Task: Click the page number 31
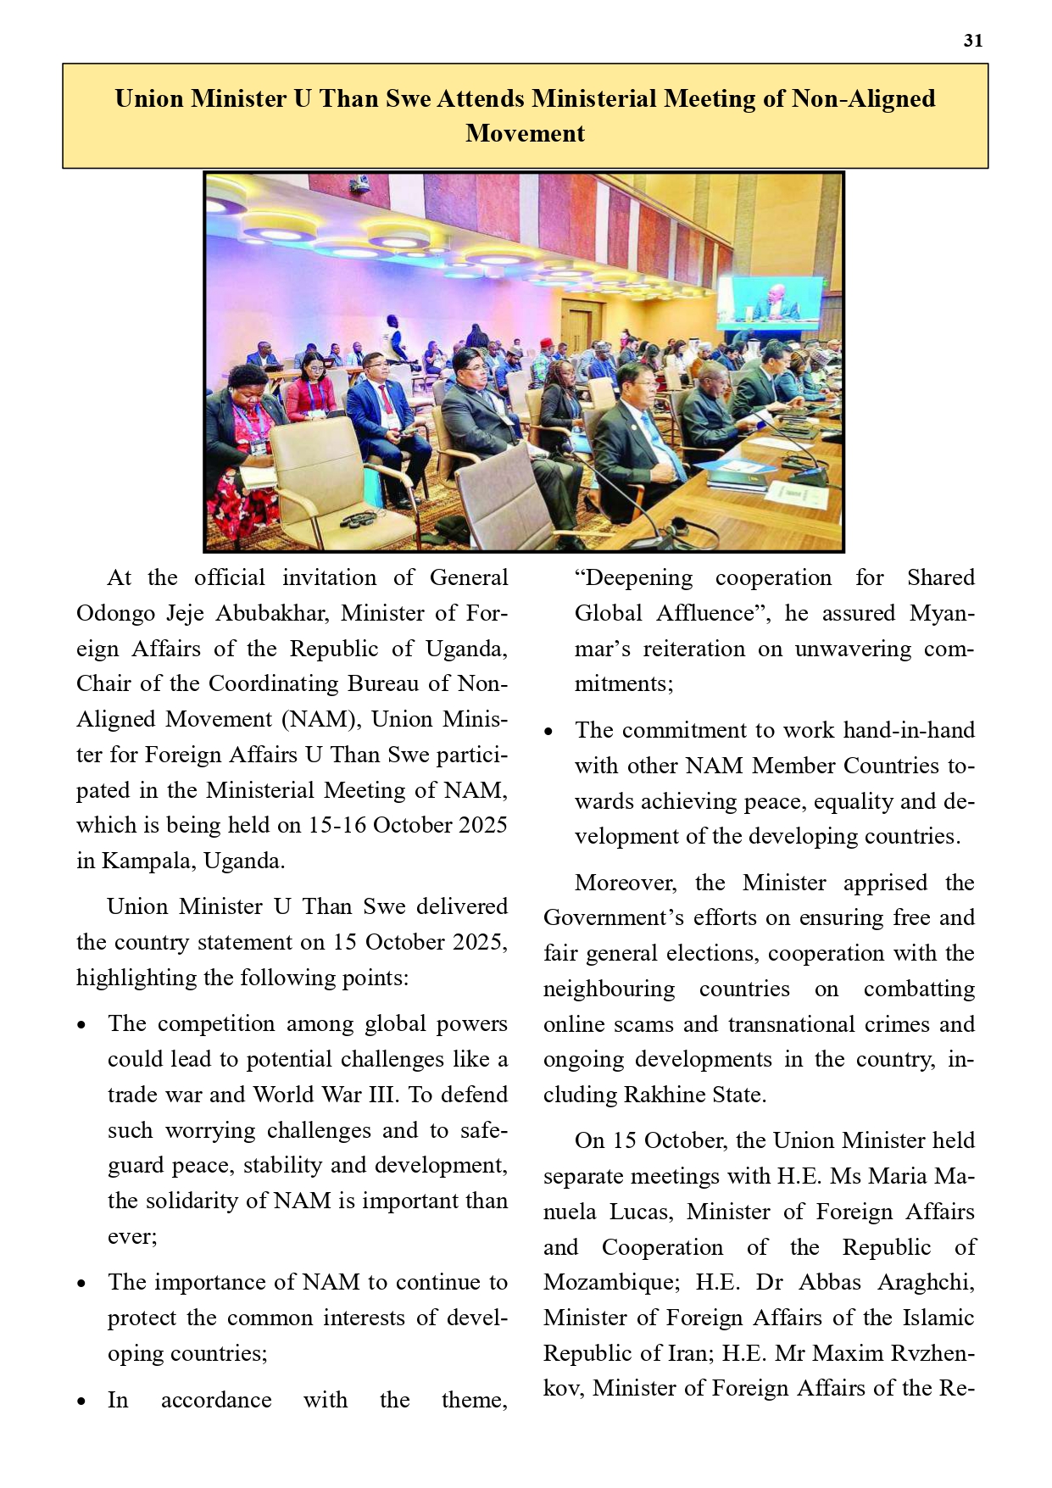point(972,41)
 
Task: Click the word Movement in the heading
point(525,134)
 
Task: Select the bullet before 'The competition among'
point(81,1025)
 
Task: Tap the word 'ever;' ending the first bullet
point(132,1237)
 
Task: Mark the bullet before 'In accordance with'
point(81,1402)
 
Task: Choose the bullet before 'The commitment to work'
point(548,732)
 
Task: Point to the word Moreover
point(626,883)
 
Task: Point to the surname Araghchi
point(926,1283)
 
